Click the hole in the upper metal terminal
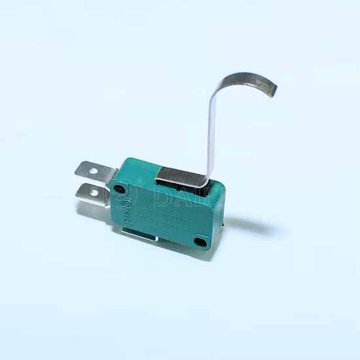click(x=93, y=171)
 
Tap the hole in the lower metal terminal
click(x=94, y=193)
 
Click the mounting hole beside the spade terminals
click(x=118, y=190)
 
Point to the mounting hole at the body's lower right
click(x=200, y=242)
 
